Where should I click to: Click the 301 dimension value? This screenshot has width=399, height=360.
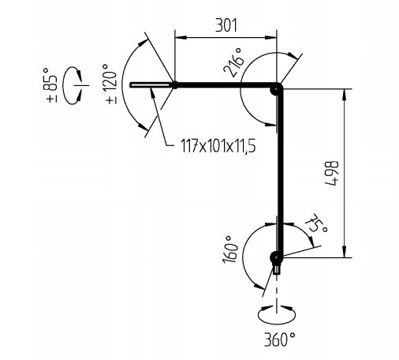coord(226,25)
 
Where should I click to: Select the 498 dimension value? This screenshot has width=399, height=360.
coord(332,174)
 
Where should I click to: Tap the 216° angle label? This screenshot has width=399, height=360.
coord(233,62)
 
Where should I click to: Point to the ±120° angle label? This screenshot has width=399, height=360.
coord(111,84)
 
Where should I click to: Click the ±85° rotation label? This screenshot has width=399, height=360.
coord(51,85)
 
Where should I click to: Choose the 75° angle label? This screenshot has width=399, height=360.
coord(316,223)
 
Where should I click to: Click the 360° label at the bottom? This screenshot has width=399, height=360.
coord(279,339)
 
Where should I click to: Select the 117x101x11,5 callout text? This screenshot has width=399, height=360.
coord(218,146)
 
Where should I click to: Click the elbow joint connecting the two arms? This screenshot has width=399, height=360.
coord(277,88)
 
